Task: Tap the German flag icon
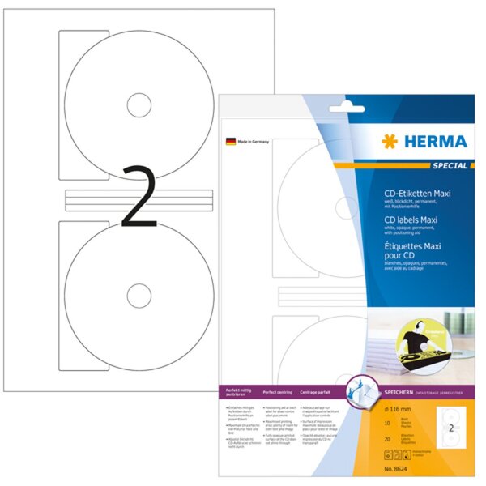click(230, 142)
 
